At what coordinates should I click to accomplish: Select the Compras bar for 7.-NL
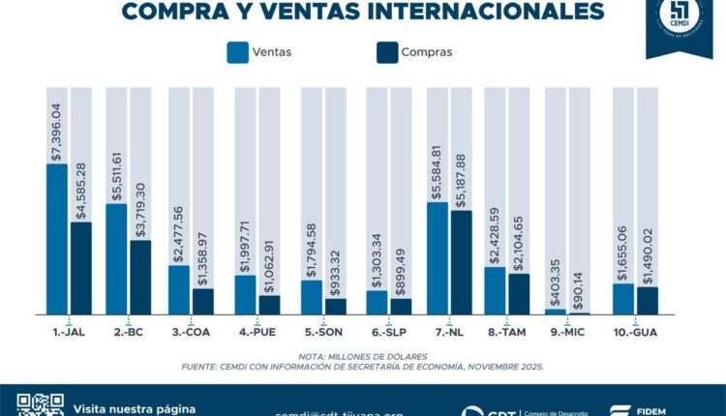pos(462,262)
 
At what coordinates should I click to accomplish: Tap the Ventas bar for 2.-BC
pos(117,258)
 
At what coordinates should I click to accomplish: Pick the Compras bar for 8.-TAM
pos(520,294)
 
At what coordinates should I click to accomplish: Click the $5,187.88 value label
pos(462,176)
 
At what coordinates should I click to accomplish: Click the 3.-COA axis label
pos(191,332)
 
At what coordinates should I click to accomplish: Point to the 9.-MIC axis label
pos(567,332)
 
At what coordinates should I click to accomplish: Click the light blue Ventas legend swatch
pos(238,52)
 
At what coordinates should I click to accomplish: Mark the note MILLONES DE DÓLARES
pos(374,356)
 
